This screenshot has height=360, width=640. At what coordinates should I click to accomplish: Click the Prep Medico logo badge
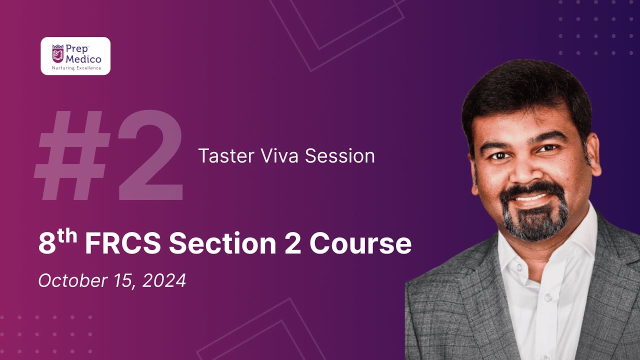click(75, 56)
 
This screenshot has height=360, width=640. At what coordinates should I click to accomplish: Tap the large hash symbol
click(72, 156)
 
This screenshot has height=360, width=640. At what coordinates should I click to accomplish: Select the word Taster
click(224, 156)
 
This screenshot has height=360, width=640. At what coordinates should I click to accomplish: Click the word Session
click(340, 156)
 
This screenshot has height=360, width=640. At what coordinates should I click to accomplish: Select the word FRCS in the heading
click(123, 244)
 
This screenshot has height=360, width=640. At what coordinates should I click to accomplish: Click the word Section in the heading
click(222, 244)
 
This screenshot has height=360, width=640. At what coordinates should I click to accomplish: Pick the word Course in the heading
click(360, 244)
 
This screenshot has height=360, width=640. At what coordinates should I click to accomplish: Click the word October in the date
click(69, 280)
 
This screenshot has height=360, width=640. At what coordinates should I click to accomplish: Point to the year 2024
click(164, 280)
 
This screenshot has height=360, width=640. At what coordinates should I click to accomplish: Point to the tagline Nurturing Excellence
click(76, 68)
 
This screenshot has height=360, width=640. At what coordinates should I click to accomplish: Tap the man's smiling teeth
click(531, 197)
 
